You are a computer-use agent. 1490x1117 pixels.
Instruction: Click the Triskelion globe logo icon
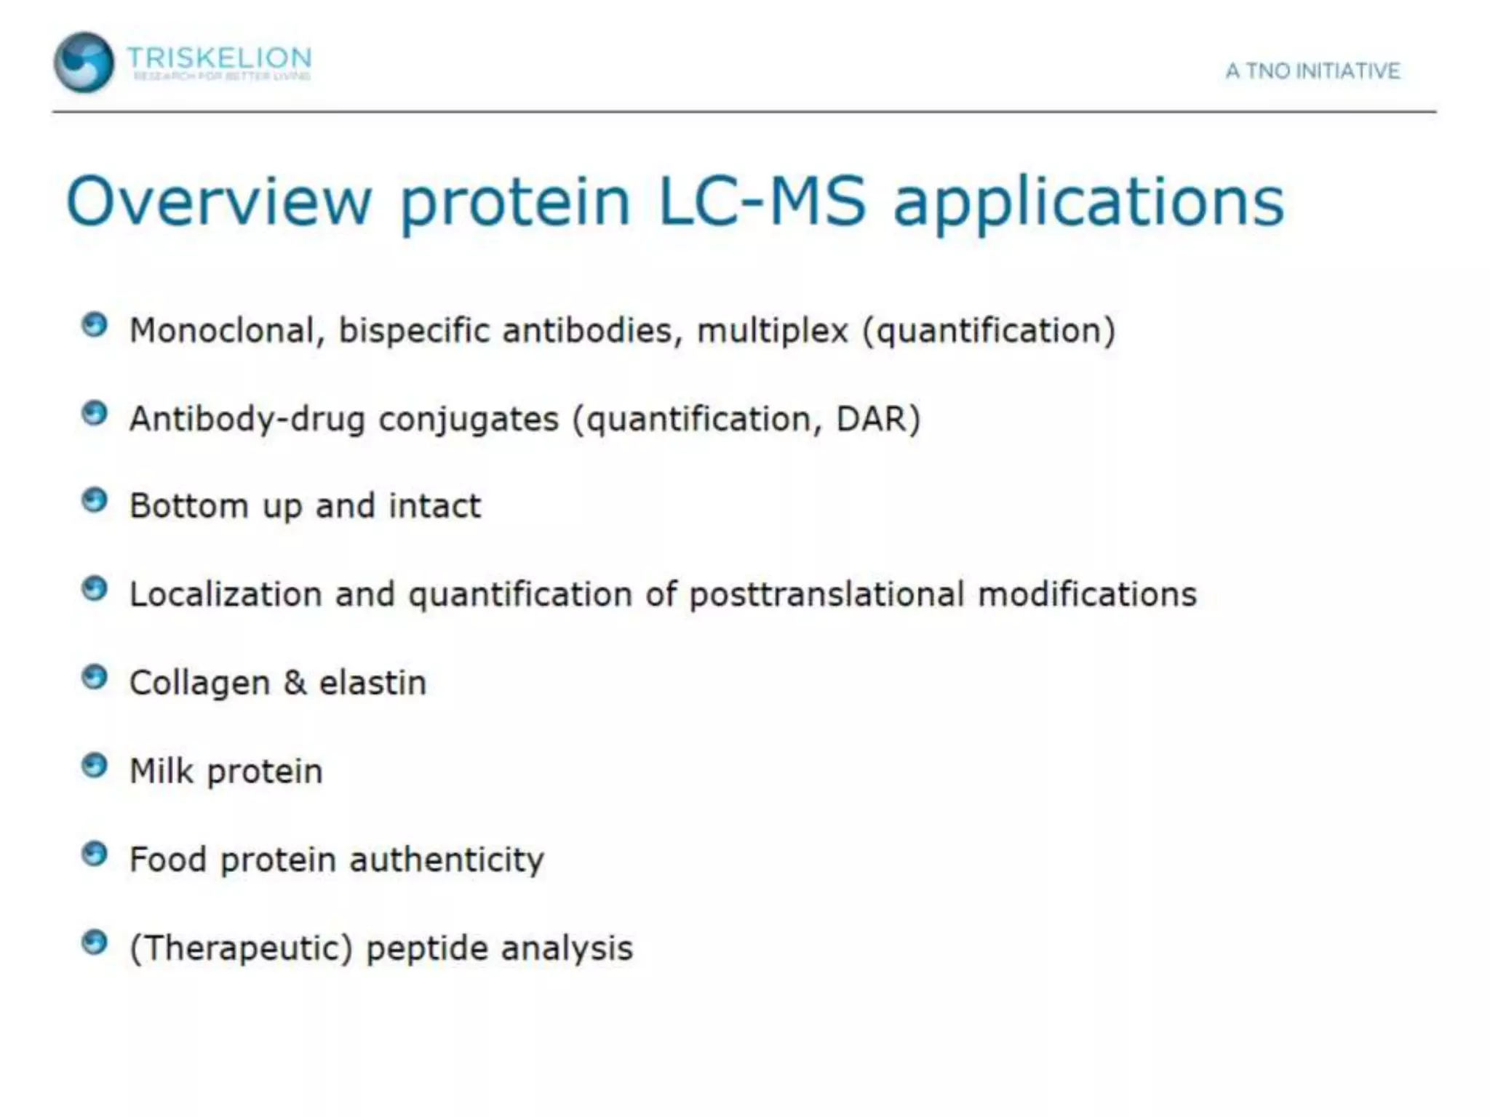coord(84,63)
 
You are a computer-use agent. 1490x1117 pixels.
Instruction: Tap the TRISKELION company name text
coord(219,57)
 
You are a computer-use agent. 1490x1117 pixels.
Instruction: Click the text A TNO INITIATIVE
coord(1312,71)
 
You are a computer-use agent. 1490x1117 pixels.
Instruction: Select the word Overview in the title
coord(219,201)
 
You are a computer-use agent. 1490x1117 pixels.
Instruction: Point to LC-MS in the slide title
coord(762,201)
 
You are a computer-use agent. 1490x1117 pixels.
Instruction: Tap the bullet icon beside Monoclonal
coord(95,325)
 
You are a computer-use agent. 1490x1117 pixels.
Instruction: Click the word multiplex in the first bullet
coord(773,332)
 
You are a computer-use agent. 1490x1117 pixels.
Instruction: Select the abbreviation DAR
coord(877,419)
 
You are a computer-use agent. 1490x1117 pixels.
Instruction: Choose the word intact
coord(434,506)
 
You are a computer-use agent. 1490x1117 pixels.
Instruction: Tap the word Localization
coord(226,595)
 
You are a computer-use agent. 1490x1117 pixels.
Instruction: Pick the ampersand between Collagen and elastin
coord(295,683)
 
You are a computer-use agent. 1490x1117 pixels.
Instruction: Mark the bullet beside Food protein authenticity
coord(95,854)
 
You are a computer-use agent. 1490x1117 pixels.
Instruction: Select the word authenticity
coord(447,860)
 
